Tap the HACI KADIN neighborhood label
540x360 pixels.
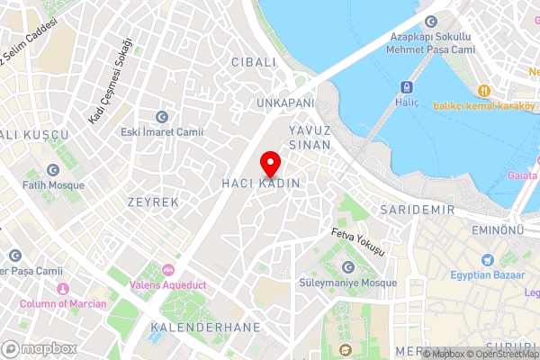point(260,184)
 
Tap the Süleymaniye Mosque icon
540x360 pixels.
point(348,266)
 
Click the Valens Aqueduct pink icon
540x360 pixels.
point(168,270)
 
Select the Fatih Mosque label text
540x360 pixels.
point(54,185)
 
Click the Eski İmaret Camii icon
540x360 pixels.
point(162,116)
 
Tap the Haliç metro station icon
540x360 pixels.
point(406,87)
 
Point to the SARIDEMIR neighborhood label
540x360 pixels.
point(418,210)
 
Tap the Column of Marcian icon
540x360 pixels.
point(63,288)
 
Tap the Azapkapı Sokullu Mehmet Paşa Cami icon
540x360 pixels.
point(431,21)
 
